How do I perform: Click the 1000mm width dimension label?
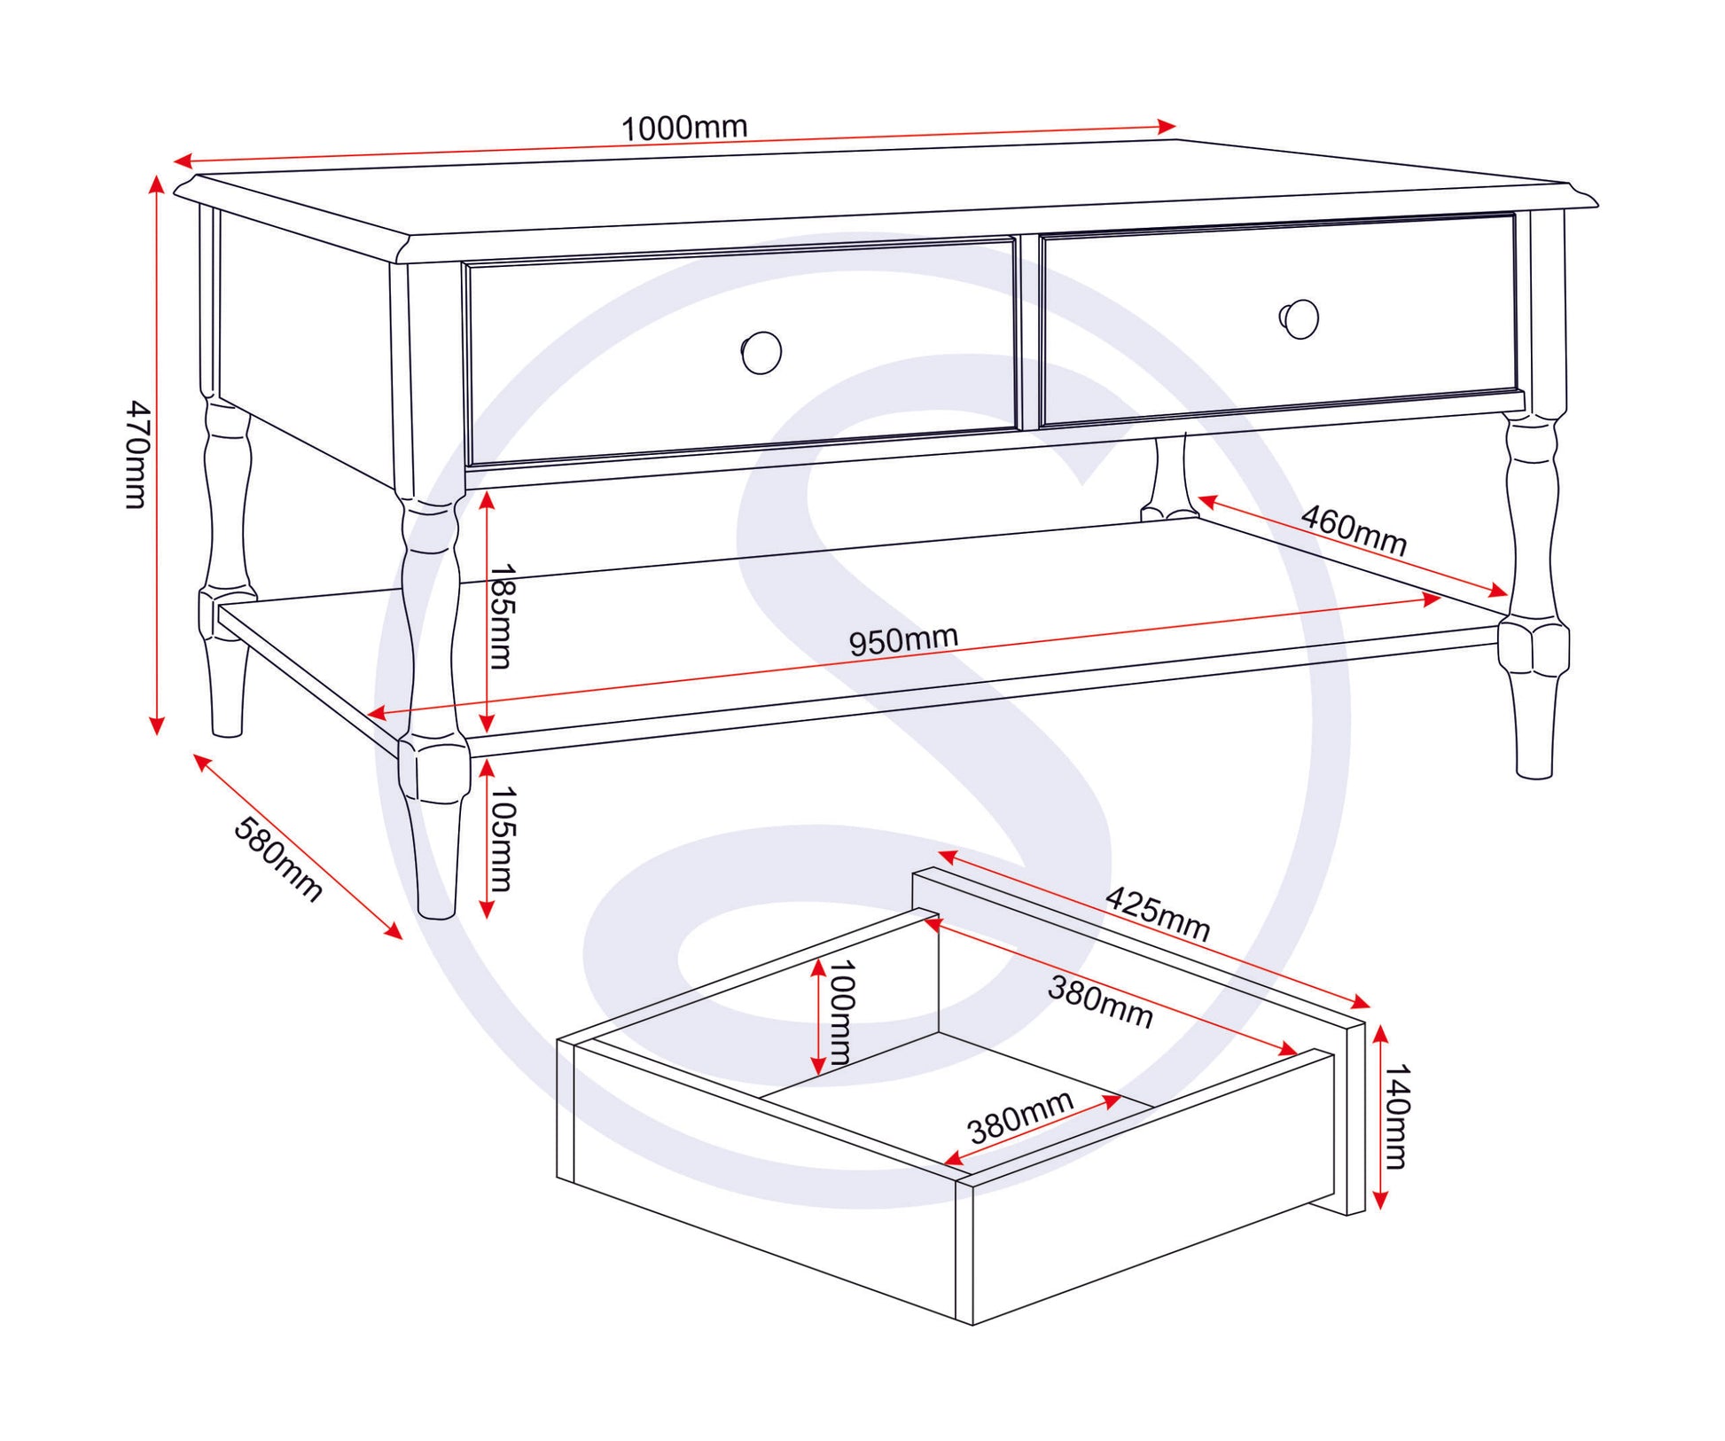point(683,128)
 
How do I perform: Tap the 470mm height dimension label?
point(137,454)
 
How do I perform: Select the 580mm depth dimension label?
point(277,858)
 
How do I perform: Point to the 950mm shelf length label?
point(903,639)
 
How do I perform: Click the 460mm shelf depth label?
point(1354,530)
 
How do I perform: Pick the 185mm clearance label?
point(502,616)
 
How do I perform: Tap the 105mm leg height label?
point(502,839)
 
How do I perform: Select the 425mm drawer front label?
point(1158,913)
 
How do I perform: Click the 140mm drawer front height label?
point(1396,1117)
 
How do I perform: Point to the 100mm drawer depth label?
point(839,1013)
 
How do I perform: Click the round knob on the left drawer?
point(761,353)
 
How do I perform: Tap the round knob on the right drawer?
point(1300,319)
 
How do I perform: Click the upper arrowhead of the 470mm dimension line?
point(157,184)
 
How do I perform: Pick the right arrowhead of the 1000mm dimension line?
point(1167,126)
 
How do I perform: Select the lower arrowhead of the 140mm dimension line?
point(1379,1201)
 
